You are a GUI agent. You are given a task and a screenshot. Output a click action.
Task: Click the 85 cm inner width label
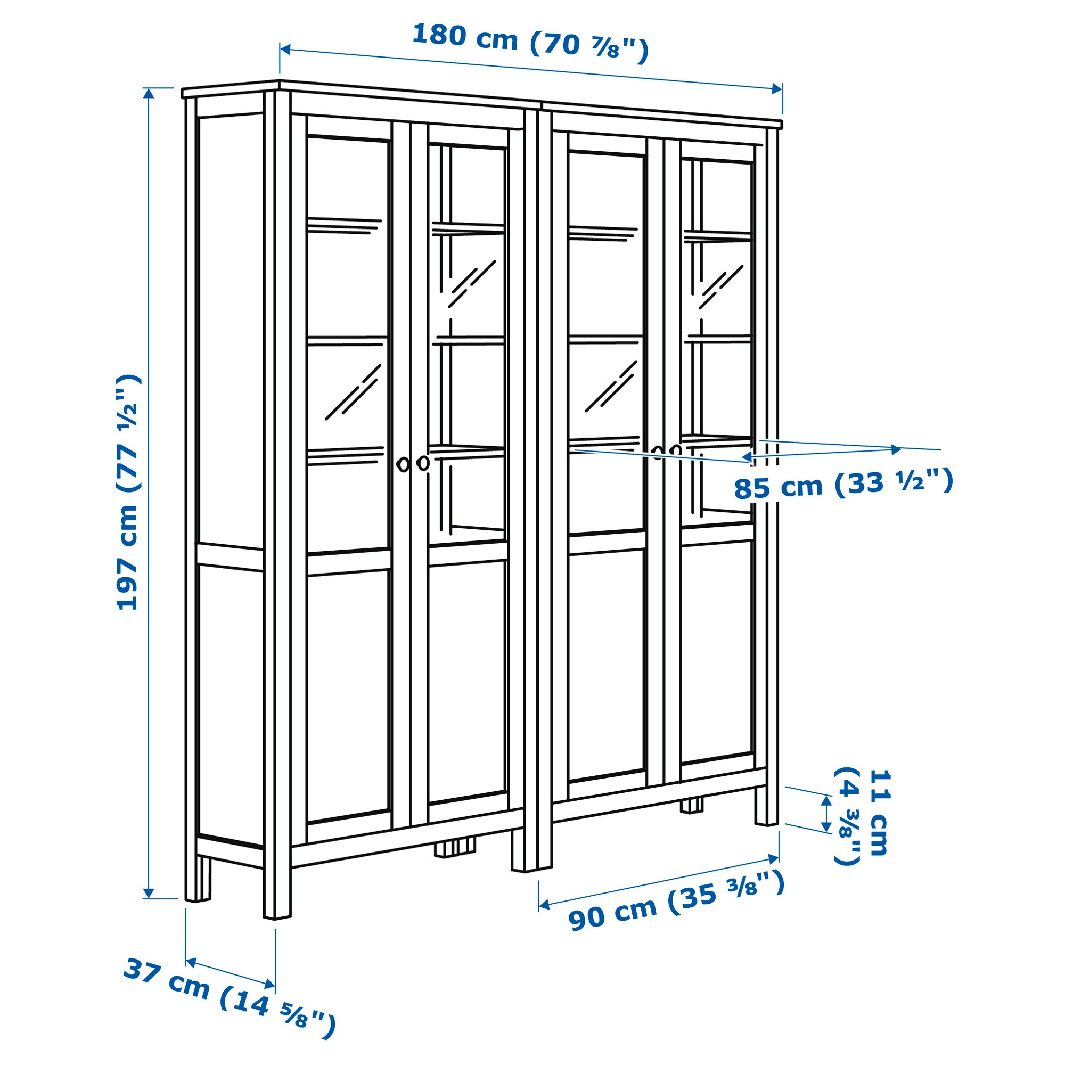tap(843, 484)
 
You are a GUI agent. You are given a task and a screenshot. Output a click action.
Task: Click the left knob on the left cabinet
tap(403, 465)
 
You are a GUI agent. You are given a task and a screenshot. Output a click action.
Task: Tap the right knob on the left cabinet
tap(423, 463)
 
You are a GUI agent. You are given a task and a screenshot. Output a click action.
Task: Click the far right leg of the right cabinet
tap(766, 805)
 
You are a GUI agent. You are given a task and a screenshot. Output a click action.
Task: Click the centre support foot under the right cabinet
tap(692, 806)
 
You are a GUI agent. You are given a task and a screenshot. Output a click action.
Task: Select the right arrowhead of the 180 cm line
tap(777, 88)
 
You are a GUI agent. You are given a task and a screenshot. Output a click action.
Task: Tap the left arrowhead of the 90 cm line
tap(544, 905)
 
